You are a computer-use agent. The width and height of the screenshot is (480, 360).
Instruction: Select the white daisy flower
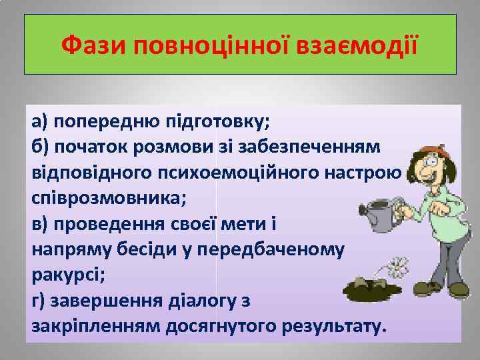point(397,267)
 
